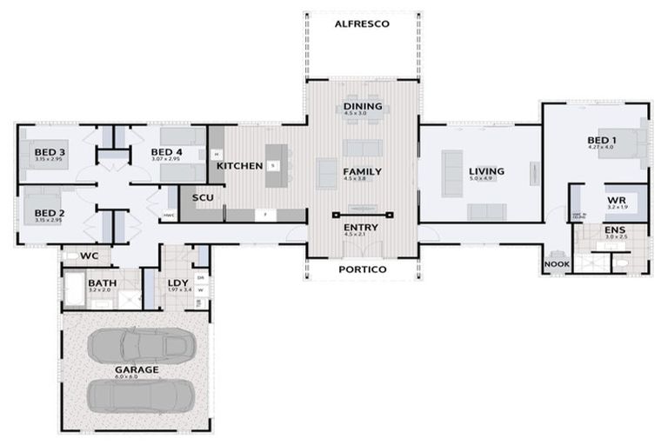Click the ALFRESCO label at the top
click(x=362, y=23)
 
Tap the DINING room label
click(x=362, y=107)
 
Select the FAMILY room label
click(x=362, y=171)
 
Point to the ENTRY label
click(x=362, y=227)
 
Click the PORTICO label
click(x=362, y=269)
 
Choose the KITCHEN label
click(x=239, y=165)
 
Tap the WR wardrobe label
click(x=616, y=200)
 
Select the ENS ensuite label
click(x=615, y=230)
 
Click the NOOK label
click(x=557, y=263)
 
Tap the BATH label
click(x=102, y=283)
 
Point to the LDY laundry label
click(x=178, y=282)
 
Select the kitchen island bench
click(x=277, y=165)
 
